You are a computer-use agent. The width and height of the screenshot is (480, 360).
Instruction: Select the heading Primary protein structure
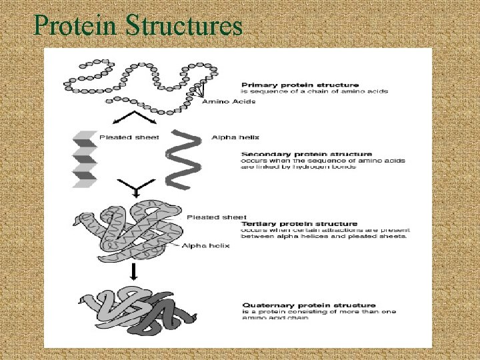299,85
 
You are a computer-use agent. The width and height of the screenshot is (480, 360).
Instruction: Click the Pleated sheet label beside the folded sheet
121,137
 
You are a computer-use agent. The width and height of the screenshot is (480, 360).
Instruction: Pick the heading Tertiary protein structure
299,224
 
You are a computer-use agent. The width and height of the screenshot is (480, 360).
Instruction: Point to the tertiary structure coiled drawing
133,233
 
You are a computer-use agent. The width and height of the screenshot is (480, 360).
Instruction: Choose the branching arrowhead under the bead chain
137,119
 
